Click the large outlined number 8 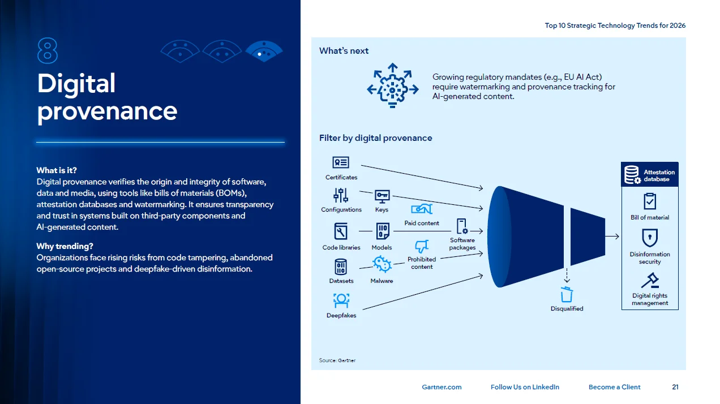point(48,51)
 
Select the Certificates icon point(341,162)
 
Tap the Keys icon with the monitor point(382,196)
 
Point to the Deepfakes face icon point(341,300)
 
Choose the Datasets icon point(341,267)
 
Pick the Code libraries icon point(341,231)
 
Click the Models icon point(382,231)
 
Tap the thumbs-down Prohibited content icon point(422,247)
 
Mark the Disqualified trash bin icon point(567,294)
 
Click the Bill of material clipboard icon point(650,201)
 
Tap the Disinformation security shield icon point(650,238)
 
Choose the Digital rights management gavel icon point(650,280)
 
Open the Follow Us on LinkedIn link point(525,387)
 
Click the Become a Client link point(614,387)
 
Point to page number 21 point(675,387)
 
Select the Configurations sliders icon point(341,196)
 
